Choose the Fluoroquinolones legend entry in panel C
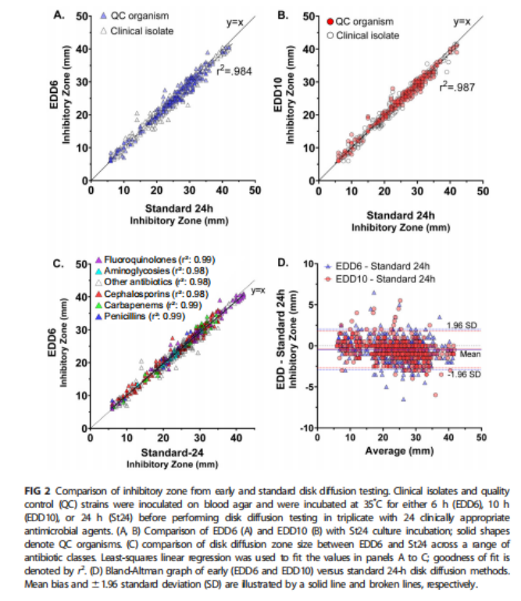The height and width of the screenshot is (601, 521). point(154,259)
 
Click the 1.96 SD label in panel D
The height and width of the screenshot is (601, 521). point(458,325)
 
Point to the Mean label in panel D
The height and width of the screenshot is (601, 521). point(468,353)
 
